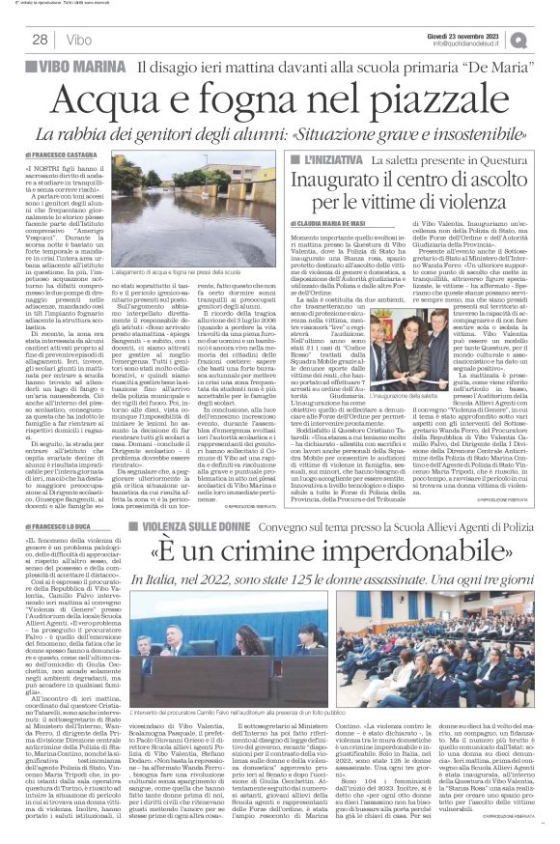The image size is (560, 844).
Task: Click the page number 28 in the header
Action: [42, 40]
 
